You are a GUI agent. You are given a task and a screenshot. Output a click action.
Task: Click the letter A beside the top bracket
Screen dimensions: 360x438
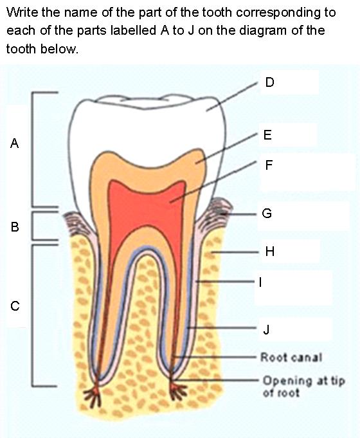point(15,143)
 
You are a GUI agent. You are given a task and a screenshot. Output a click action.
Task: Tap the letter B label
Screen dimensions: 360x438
point(15,226)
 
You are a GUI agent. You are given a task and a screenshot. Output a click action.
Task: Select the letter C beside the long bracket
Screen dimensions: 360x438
point(15,306)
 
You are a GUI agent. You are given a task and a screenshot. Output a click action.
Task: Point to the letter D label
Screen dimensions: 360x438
point(269,82)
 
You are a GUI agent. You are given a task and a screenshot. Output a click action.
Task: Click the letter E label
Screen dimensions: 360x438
point(267,135)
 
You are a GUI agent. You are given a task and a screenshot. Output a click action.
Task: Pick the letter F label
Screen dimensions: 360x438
point(269,165)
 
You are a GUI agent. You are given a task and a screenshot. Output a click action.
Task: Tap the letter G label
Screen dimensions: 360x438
point(267,214)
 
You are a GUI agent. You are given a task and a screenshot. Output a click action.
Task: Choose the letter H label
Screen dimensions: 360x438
point(269,251)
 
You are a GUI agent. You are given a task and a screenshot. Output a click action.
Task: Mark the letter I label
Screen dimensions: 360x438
point(260,282)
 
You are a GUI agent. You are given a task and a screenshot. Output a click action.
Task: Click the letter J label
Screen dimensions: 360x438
point(266,329)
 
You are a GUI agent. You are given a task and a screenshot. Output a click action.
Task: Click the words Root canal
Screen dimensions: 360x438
point(291,357)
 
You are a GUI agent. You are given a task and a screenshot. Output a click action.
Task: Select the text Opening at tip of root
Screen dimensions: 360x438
point(304,387)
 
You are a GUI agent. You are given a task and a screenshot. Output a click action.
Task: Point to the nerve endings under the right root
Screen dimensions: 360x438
point(177,390)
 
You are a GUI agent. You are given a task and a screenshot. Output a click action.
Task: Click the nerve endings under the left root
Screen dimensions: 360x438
point(94,392)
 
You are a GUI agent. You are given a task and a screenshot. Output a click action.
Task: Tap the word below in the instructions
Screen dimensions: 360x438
point(59,49)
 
